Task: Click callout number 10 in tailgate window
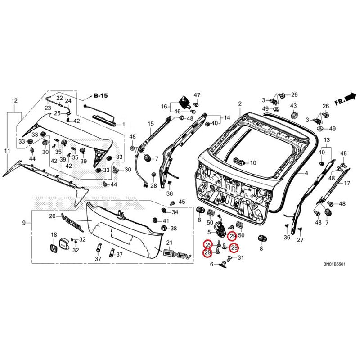tap(252, 162)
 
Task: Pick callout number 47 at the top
tap(197, 95)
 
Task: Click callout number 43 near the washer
tap(293, 106)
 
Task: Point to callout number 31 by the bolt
tap(240, 258)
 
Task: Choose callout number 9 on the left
tap(24, 223)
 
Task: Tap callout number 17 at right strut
tap(346, 183)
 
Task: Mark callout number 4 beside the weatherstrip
tap(306, 173)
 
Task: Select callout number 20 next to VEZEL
tap(52, 216)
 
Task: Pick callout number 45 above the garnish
tap(182, 202)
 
